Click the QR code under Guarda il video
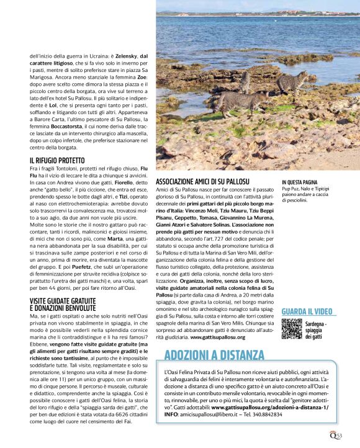(x=292, y=328)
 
